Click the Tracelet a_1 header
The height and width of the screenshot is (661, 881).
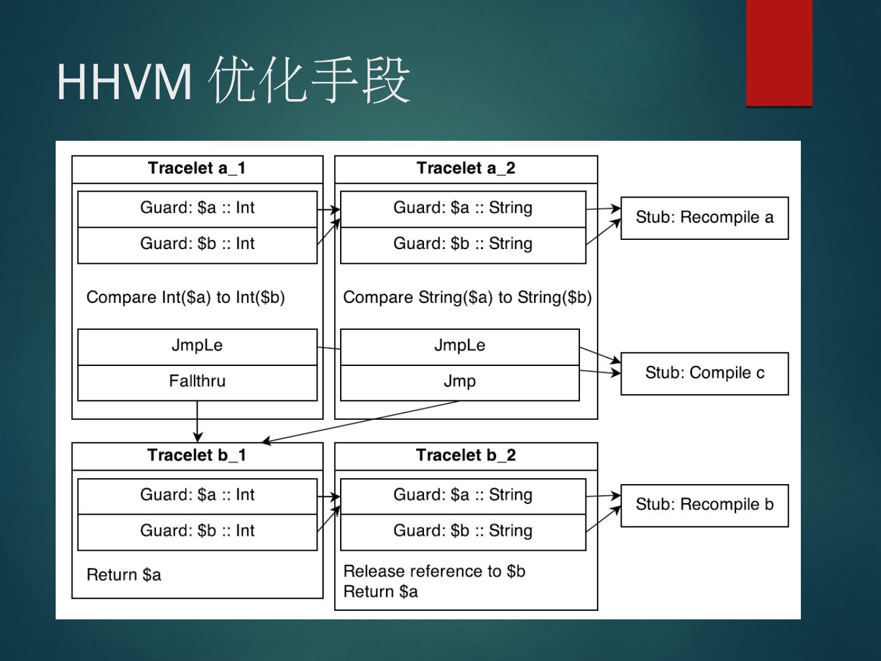(197, 168)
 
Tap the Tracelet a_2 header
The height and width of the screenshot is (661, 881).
(466, 168)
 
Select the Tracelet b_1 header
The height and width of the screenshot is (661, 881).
(197, 455)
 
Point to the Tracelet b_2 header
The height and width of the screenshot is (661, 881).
(466, 455)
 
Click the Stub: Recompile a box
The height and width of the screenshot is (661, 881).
(704, 218)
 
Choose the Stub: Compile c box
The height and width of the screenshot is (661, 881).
(704, 373)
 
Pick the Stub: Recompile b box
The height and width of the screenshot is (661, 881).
(704, 505)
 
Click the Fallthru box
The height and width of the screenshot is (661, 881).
(197, 382)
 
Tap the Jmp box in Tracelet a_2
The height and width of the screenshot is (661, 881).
(459, 382)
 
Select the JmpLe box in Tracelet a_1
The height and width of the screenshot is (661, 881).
(197, 346)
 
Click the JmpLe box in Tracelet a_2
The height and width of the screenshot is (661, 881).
(459, 346)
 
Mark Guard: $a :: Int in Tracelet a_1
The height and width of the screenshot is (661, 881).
(197, 208)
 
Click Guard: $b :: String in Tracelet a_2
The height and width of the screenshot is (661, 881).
(463, 244)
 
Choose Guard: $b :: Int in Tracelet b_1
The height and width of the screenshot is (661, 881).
(197, 531)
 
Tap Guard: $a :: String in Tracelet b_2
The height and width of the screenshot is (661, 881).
(463, 495)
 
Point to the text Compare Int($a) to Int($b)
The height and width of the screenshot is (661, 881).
(185, 297)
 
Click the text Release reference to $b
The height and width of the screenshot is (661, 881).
(434, 572)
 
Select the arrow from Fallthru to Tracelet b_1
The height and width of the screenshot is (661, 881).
(197, 421)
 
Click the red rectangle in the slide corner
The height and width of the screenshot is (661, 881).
(779, 53)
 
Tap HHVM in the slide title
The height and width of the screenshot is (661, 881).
(124, 82)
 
